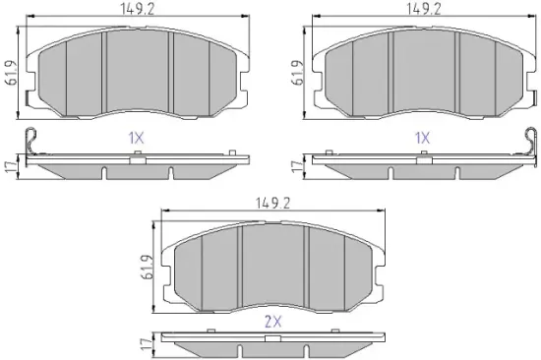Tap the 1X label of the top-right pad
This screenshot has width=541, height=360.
(x=422, y=139)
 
